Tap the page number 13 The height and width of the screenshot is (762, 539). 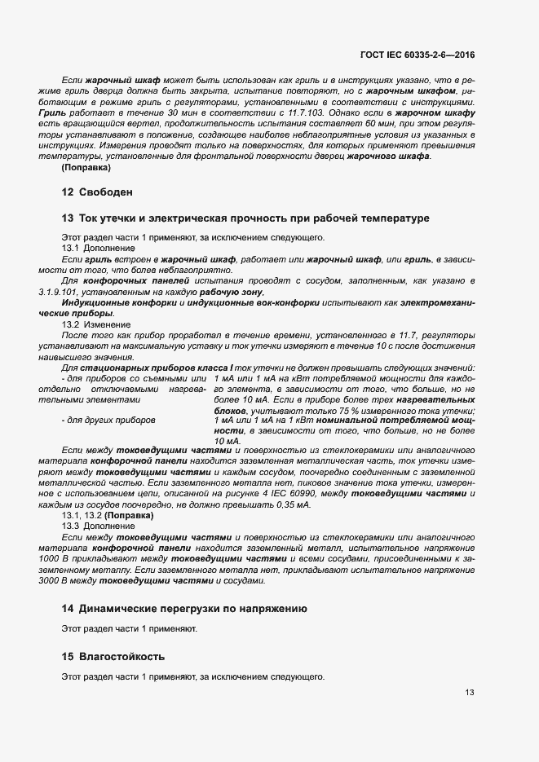[x=469, y=693]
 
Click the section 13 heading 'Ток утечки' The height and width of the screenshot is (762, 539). [x=245, y=218]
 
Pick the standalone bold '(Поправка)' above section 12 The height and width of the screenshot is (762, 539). [x=86, y=167]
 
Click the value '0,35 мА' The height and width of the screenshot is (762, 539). [x=294, y=505]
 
